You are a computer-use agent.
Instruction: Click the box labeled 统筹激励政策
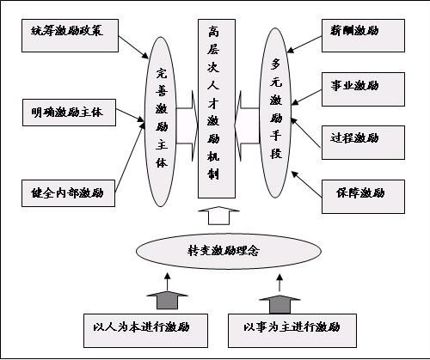pos(70,35)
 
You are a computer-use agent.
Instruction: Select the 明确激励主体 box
pos(69,113)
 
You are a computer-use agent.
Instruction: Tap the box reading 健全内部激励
pos(68,193)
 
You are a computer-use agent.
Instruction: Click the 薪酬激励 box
pos(363,35)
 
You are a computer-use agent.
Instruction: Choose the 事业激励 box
pos(363,89)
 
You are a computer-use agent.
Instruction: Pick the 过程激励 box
pos(363,143)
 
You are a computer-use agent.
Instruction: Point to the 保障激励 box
pos(363,197)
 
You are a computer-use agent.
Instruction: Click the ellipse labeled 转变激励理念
pos(229,251)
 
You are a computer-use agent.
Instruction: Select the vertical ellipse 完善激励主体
pos(161,121)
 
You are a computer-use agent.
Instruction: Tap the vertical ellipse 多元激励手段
pos(275,113)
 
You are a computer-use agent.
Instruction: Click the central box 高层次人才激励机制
pos(217,109)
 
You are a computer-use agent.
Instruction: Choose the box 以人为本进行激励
pos(145,331)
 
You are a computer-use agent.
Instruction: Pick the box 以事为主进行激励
pos(292,331)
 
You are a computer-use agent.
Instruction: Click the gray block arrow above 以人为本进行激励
pos(167,300)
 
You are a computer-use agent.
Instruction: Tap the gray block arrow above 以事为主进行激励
pos(279,304)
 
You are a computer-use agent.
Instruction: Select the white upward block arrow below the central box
pos(218,216)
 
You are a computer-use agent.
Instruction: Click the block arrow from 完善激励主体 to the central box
pos(187,125)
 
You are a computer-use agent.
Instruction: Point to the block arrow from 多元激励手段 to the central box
pos(247,125)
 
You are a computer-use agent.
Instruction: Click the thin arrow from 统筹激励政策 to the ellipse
pos(133,47)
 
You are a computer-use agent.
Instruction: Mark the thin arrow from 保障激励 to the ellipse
pos(306,184)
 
